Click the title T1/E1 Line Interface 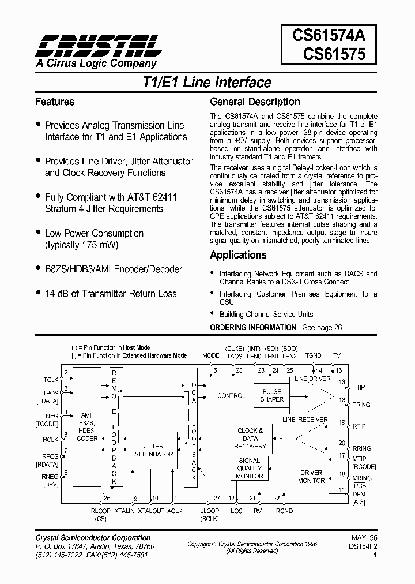[207, 83]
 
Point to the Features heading [55, 102]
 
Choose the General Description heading [255, 102]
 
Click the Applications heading [238, 255]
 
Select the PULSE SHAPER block [271, 395]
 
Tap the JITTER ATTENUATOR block [154, 450]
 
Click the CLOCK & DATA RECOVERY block [250, 438]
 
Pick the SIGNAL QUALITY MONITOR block [250, 468]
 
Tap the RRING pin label [362, 448]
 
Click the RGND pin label [284, 511]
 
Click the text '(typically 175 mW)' [81, 245]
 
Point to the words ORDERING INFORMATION [252, 327]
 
